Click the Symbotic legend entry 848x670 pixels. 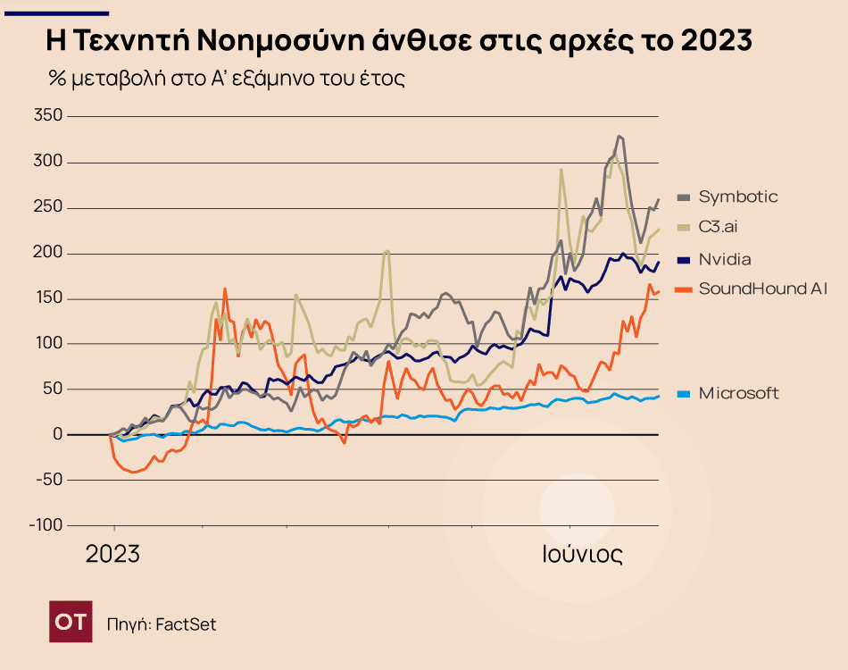[x=737, y=197]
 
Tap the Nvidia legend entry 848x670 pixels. [x=724, y=260]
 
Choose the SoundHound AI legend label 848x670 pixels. [x=763, y=289]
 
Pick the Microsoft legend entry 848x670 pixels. [x=738, y=393]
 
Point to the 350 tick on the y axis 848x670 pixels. [x=48, y=116]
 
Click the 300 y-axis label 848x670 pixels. [x=48, y=162]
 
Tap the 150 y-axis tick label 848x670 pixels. [x=48, y=298]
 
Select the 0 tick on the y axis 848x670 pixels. [x=58, y=434]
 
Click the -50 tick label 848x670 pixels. [x=49, y=480]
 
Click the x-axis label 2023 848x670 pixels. [x=112, y=555]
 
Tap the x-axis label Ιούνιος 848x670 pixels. [x=582, y=555]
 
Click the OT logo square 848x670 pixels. [x=71, y=623]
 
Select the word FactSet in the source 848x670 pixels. [x=186, y=624]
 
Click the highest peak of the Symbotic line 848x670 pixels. [x=619, y=137]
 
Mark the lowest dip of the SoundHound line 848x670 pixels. [x=133, y=472]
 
